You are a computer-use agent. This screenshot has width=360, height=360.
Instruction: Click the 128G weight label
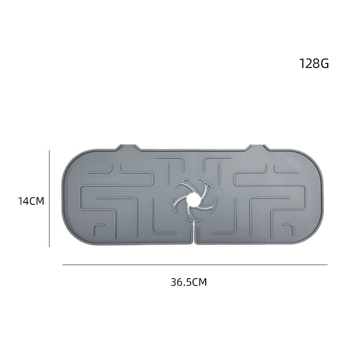314,63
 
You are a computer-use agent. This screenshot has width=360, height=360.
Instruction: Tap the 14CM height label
31,201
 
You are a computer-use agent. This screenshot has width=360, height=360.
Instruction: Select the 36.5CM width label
189,282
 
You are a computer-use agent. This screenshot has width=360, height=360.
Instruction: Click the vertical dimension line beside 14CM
49,198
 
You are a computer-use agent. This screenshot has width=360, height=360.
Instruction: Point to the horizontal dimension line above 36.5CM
195,265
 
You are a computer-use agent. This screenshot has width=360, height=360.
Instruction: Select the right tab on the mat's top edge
257,147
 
